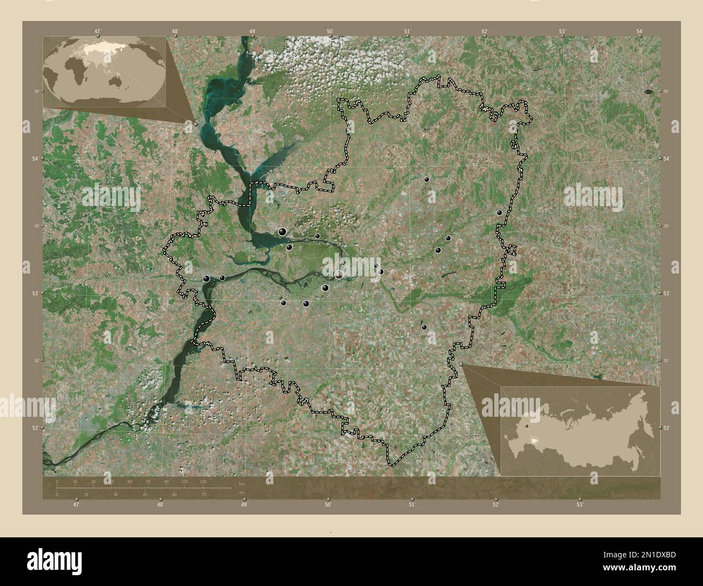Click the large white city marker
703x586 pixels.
point(339,275)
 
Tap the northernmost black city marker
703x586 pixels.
point(427,179)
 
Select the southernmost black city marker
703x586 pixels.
point(424,327)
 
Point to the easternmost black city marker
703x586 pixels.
point(500,212)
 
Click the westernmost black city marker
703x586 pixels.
point(207,278)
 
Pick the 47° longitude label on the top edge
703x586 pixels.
point(98,31)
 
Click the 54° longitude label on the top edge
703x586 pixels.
point(640,31)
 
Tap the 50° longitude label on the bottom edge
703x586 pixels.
point(328,505)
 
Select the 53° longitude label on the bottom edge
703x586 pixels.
point(579,505)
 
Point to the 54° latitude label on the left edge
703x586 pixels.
point(34,158)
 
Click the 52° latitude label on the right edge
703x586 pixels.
point(667,428)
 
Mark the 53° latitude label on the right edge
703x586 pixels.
point(667,293)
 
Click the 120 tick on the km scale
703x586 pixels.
point(203,481)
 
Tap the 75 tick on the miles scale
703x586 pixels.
point(203,494)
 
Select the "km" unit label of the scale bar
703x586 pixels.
point(241,484)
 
